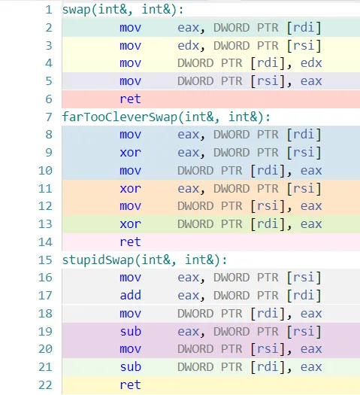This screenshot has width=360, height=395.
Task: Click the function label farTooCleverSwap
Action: [119, 117]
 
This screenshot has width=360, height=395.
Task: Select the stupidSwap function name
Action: [98, 260]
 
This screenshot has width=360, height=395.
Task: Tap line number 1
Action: [49, 10]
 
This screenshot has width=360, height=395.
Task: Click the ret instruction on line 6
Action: [130, 99]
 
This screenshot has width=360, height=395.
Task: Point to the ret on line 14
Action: [130, 242]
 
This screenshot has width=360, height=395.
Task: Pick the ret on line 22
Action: [130, 385]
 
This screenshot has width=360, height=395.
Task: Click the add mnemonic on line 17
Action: [130, 295]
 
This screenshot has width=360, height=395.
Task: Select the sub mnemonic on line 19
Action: [130, 331]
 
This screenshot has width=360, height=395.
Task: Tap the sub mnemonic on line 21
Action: [130, 367]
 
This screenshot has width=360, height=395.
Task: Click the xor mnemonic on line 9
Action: [130, 153]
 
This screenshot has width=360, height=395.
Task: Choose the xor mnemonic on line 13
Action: [130, 224]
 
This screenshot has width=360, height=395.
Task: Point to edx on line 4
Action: [311, 63]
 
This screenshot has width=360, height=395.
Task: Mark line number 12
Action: [45, 206]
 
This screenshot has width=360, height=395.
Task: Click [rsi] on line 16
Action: [304, 278]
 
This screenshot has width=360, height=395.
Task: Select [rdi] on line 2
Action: [304, 28]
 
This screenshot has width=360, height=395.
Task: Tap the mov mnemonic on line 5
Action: [130, 81]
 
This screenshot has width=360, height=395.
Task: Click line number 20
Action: [45, 349]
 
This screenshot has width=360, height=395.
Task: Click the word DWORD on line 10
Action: [195, 171]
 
